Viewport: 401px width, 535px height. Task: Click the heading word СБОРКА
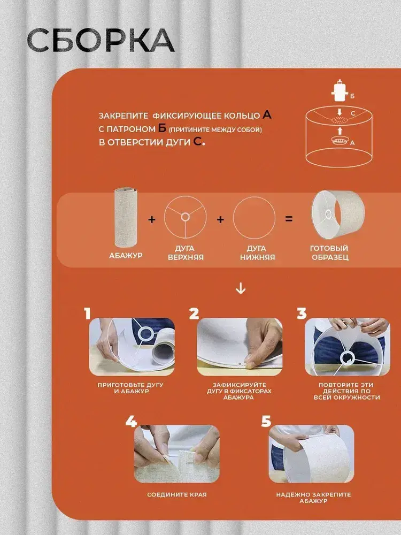tap(101, 40)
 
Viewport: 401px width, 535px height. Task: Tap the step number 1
tap(88, 314)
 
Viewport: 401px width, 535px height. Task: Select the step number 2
tap(194, 314)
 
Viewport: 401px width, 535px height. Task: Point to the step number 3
tap(302, 314)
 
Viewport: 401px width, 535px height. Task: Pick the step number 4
tap(131, 421)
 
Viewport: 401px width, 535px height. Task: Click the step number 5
tap(266, 421)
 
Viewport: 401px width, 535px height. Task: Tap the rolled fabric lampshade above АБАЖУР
tap(126, 217)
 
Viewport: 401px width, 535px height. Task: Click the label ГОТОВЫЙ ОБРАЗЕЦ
tap(330, 253)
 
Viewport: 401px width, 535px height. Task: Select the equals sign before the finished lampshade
tap(289, 219)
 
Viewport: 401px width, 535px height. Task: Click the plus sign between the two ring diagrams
tap(220, 219)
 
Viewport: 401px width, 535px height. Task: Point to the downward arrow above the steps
tap(241, 288)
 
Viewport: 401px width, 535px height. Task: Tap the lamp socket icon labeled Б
tap(340, 91)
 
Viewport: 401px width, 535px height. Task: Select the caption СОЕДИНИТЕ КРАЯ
tap(177, 494)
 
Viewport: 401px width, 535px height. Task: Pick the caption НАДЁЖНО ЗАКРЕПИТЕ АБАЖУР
tap(313, 498)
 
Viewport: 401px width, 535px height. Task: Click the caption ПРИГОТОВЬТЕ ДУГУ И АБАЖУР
tap(130, 388)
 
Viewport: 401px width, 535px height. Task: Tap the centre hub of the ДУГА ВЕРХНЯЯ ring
tap(185, 217)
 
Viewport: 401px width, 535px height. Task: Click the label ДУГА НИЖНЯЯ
tap(257, 253)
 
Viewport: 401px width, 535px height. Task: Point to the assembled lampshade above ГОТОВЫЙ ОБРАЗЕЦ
tap(337, 214)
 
